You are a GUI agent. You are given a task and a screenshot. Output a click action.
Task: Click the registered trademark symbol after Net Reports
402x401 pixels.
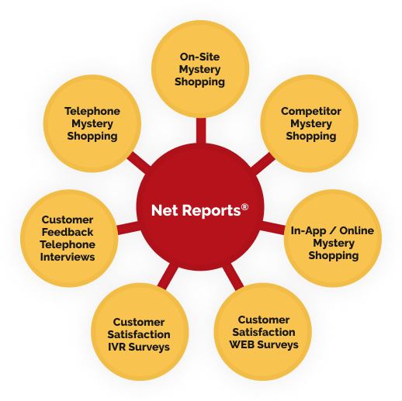244,207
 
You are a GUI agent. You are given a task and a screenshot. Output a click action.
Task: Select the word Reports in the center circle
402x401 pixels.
211,211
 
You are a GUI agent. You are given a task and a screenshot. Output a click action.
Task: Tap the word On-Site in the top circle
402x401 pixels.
199,57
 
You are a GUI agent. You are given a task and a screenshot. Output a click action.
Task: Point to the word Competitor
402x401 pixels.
311,112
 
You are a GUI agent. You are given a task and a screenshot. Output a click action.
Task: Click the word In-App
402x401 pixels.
308,231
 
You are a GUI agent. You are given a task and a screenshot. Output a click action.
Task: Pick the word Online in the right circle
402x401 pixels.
357,230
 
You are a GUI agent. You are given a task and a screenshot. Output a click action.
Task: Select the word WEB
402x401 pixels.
242,344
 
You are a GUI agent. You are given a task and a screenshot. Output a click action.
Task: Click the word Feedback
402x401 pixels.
68,232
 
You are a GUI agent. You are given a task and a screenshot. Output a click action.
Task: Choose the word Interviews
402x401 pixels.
68,257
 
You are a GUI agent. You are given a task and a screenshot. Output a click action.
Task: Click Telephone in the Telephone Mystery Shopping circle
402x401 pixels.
92,112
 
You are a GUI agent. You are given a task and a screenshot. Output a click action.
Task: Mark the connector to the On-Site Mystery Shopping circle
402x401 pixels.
201,130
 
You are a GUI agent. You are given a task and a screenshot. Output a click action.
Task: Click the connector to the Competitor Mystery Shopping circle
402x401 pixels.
262,164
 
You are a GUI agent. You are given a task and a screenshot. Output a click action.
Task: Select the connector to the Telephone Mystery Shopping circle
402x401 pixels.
139,163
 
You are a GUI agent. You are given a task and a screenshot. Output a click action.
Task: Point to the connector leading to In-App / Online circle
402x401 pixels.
272,227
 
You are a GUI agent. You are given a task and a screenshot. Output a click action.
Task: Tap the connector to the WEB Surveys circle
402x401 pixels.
234,277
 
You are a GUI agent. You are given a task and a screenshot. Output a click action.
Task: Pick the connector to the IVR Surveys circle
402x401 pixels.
168,276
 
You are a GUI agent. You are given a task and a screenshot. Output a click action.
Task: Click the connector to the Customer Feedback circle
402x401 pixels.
129,228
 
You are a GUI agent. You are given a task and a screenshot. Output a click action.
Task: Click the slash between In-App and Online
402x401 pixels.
332,230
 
